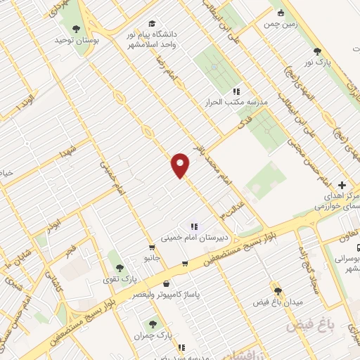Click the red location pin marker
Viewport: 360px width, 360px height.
tap(181, 165)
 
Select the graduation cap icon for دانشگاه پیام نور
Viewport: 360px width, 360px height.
tap(153, 22)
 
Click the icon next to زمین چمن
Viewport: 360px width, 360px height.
tap(281, 12)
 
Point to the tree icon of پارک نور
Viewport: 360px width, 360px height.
tap(318, 51)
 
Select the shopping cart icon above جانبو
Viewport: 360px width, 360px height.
tap(152, 247)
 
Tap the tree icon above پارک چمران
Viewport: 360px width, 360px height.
tap(153, 324)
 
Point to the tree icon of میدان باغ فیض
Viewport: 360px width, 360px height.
tap(277, 290)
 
